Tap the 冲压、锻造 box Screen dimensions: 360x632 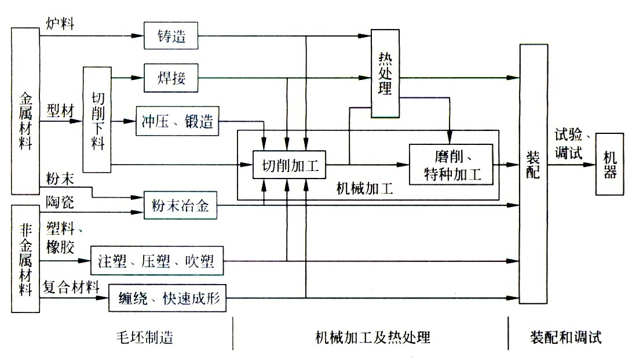[177, 122]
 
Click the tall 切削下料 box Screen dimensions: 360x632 [97, 119]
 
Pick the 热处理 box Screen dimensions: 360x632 [385, 74]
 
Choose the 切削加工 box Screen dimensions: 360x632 [290, 164]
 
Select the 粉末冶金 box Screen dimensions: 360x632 [181, 206]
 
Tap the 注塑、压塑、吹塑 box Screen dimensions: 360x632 [157, 262]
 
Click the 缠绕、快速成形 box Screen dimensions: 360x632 [167, 300]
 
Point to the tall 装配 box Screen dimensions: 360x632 [533, 174]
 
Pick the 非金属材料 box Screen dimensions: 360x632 [25, 257]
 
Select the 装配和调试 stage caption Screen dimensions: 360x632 [565, 337]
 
